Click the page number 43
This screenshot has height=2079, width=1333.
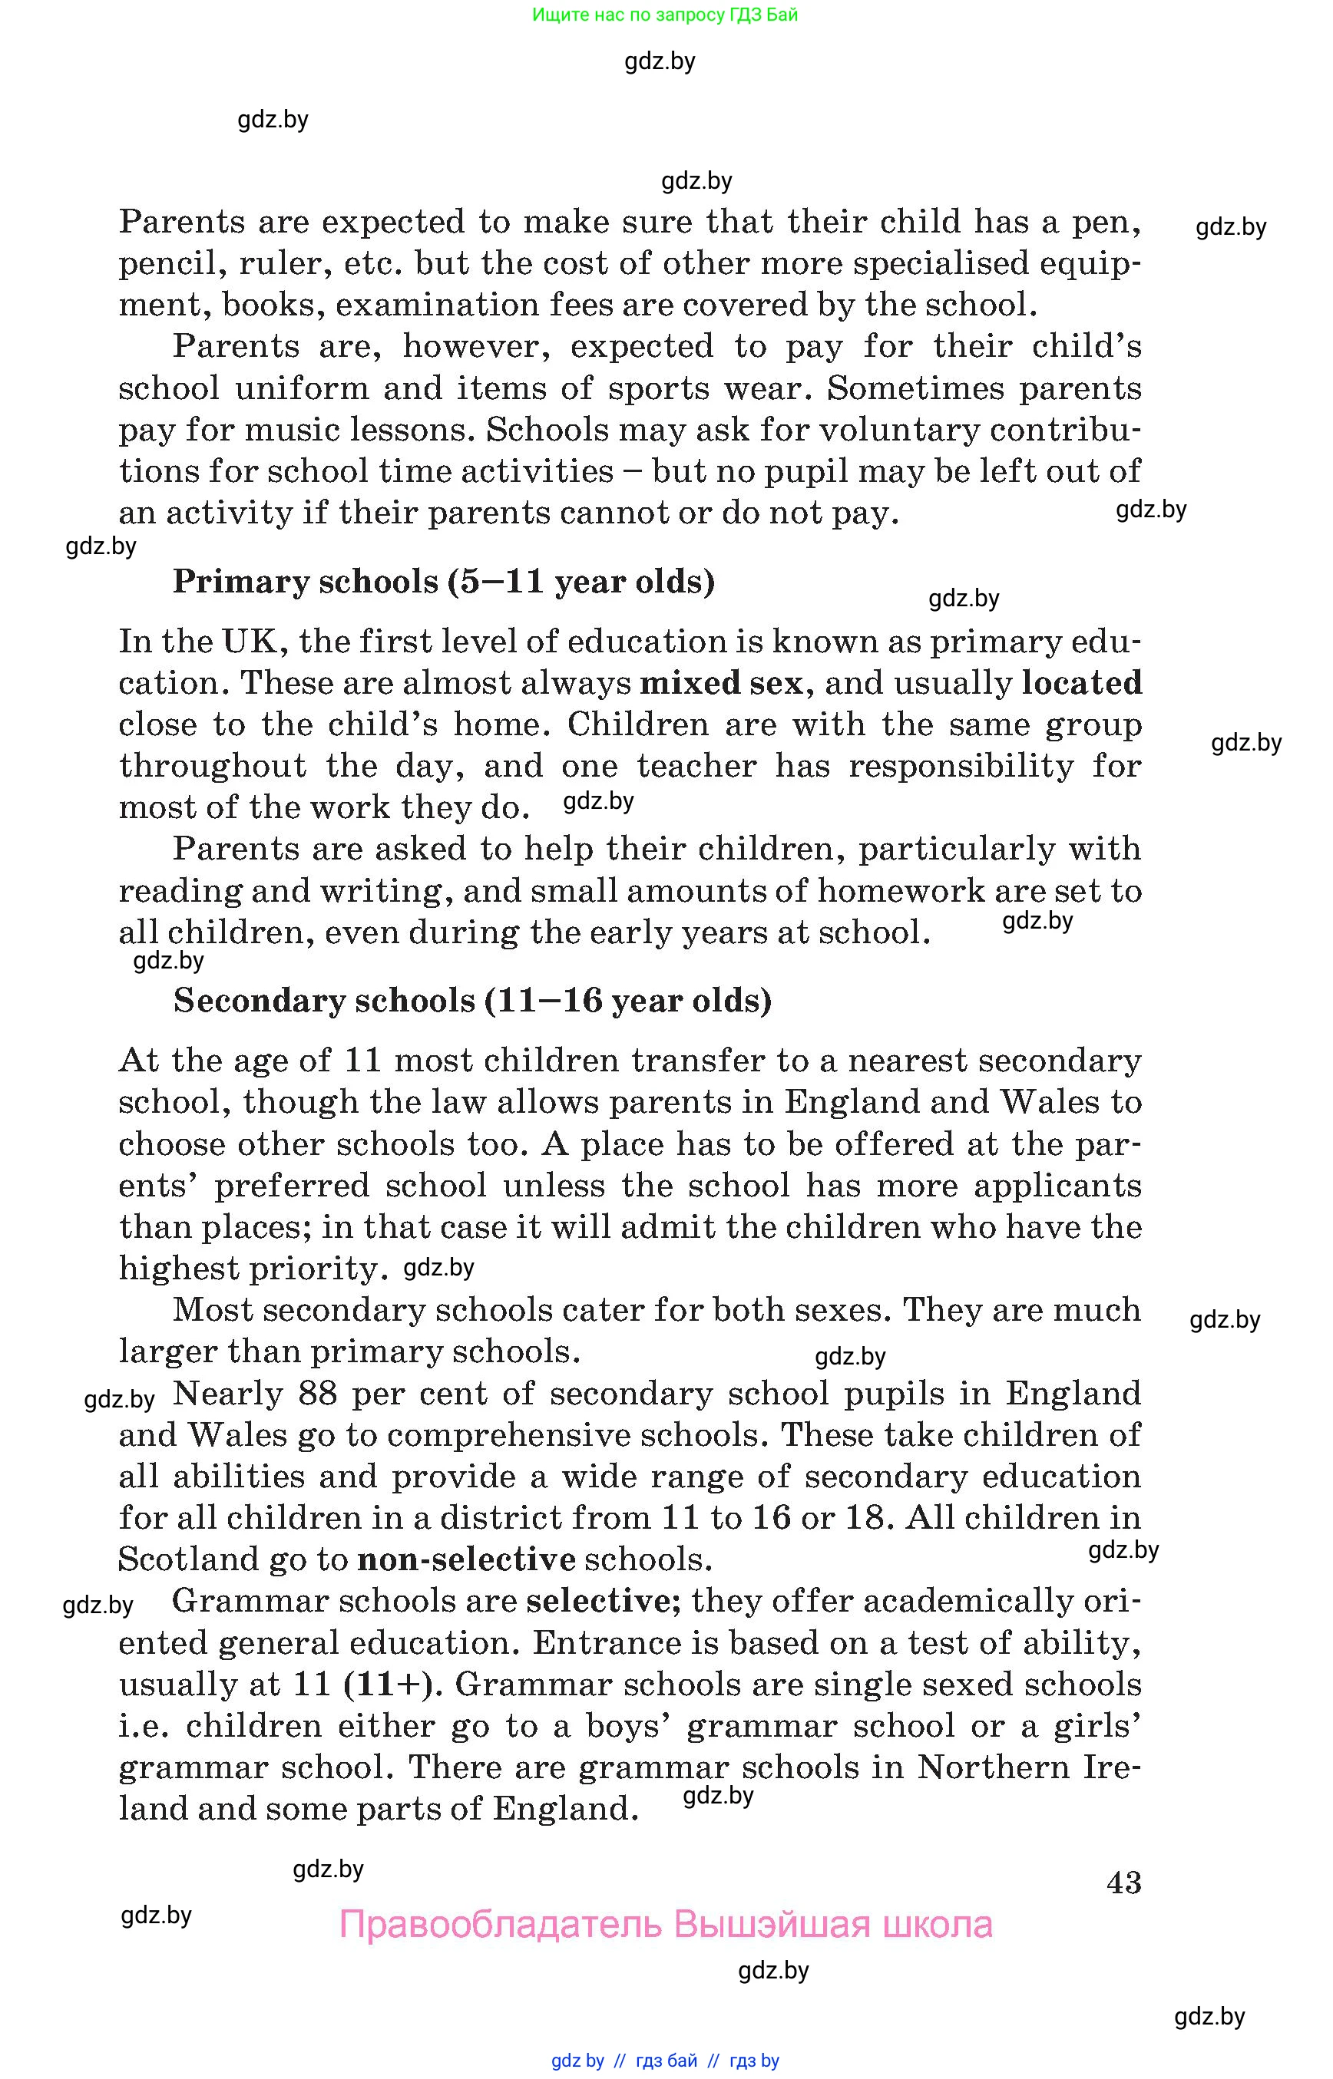tap(1123, 1882)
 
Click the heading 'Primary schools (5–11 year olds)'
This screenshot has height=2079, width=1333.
tap(443, 582)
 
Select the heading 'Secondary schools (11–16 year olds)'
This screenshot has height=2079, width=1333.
tap(471, 1000)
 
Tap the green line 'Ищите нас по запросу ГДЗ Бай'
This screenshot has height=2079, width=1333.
tap(665, 15)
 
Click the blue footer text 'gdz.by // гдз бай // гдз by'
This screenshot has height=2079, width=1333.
tap(665, 2060)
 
